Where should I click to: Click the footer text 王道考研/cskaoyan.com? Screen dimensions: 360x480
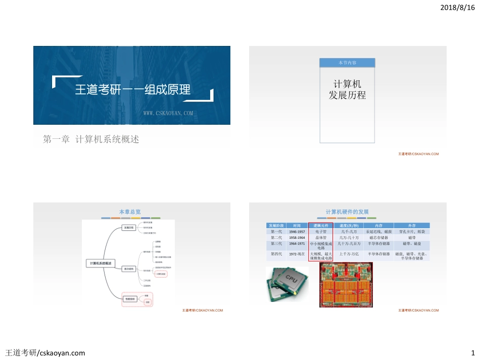[45, 352]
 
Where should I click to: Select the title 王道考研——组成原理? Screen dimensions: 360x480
[132, 90]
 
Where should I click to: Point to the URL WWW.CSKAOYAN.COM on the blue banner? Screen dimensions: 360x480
[168, 114]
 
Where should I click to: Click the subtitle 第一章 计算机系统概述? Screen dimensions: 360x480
[91, 139]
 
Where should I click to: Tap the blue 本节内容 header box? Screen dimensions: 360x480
[347, 63]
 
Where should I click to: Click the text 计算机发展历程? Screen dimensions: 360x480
[347, 89]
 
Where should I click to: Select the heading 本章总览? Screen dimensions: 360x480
[130, 212]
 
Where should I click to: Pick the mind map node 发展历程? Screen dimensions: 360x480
[129, 228]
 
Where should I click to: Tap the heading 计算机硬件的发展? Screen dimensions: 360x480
[347, 212]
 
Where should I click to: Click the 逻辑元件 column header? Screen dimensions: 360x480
[321, 225]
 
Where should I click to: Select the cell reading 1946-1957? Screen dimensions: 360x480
[297, 231]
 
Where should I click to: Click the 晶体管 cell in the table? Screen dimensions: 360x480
[321, 237]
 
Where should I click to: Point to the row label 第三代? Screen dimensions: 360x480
[276, 243]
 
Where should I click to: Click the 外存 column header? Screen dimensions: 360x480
[412, 225]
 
